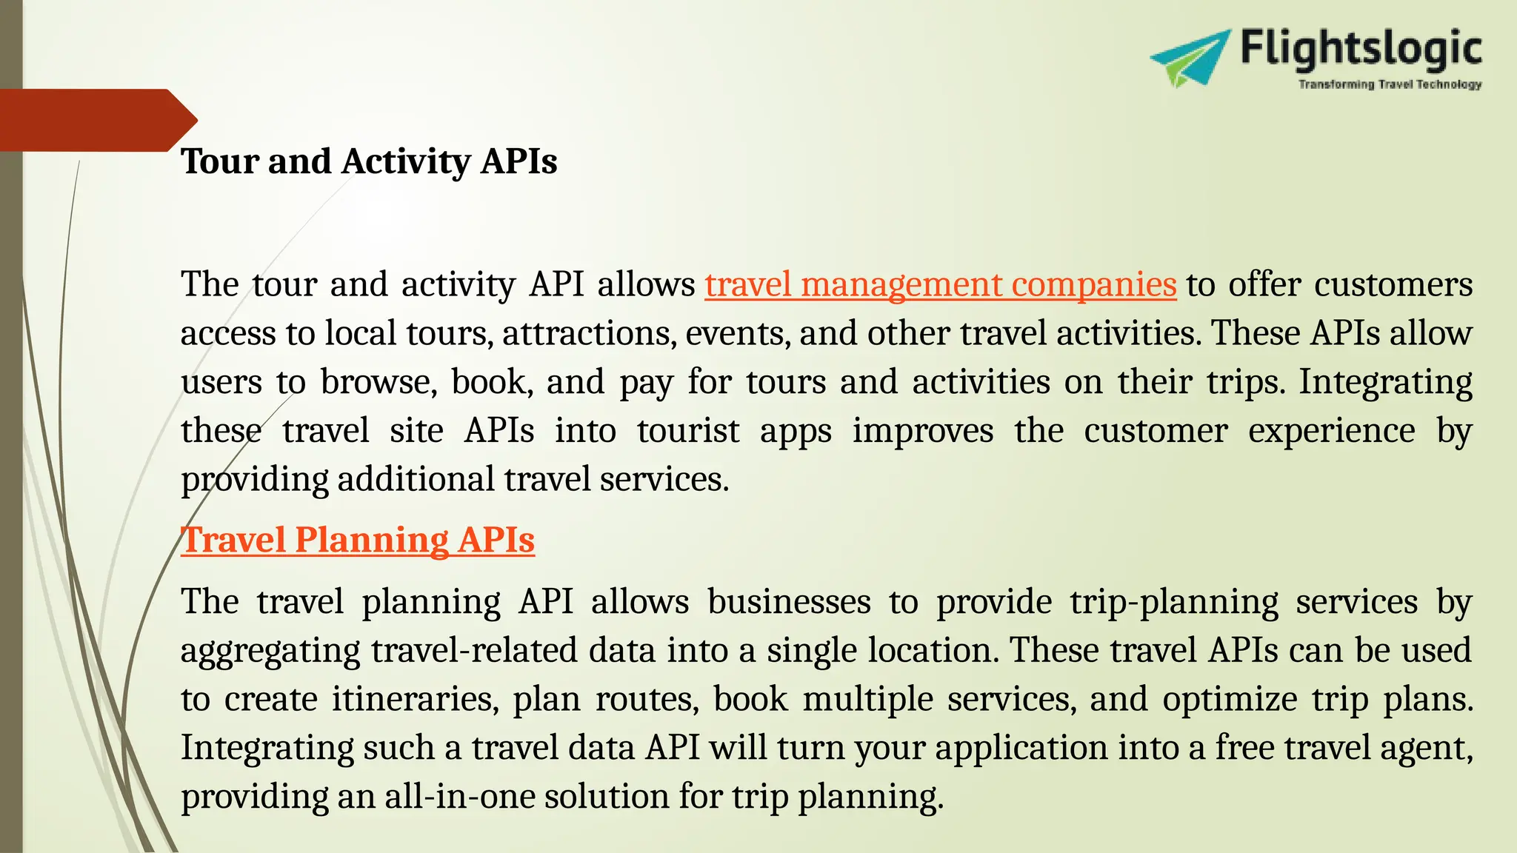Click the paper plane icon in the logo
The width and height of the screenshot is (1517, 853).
[x=1189, y=58]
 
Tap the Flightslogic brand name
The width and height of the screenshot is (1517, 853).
[x=1361, y=49]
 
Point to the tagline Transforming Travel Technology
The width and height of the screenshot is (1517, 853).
[x=1390, y=84]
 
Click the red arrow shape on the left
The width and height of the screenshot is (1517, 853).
[x=96, y=120]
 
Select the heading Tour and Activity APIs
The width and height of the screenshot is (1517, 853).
[x=369, y=161]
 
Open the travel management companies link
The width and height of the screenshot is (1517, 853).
[x=940, y=285]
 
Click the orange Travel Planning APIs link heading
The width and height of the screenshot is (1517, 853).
[x=358, y=540]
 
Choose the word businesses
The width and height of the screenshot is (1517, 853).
[x=789, y=602]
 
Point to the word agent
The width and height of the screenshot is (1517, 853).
[x=1425, y=749]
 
